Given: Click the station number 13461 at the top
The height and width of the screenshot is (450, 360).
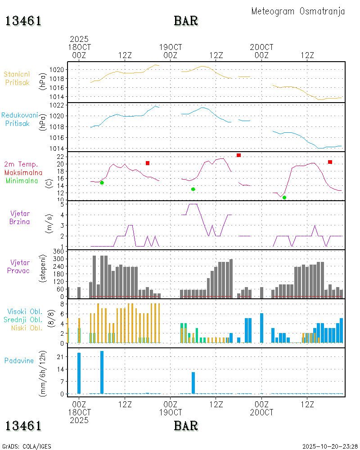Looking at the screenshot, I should [23, 21].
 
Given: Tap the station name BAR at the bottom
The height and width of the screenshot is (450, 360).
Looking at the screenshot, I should [186, 425].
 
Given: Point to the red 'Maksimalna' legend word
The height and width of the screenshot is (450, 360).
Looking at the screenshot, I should [23, 172].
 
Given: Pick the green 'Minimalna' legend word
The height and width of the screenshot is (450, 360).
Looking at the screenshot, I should [22, 180].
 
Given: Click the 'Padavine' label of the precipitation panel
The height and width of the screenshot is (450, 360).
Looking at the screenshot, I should [19, 360].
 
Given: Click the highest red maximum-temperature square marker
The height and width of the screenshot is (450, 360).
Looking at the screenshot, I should [238, 155].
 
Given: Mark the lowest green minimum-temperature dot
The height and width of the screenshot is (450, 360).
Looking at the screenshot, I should [284, 198].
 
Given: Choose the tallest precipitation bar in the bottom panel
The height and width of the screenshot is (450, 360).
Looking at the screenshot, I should [102, 372].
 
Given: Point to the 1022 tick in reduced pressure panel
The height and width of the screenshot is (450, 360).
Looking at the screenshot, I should [58, 105].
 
